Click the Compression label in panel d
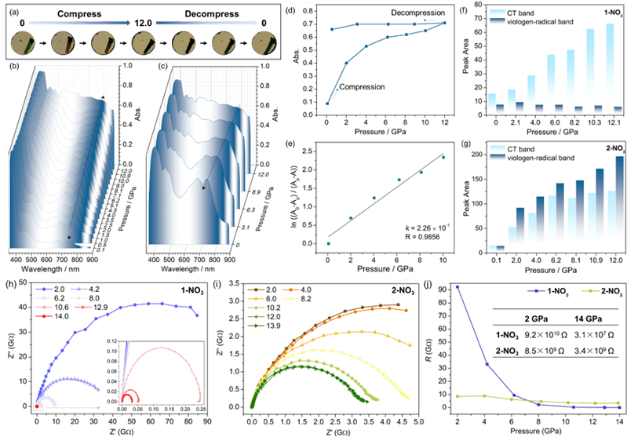click(x=366, y=86)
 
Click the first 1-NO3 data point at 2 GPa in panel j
click(x=457, y=287)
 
